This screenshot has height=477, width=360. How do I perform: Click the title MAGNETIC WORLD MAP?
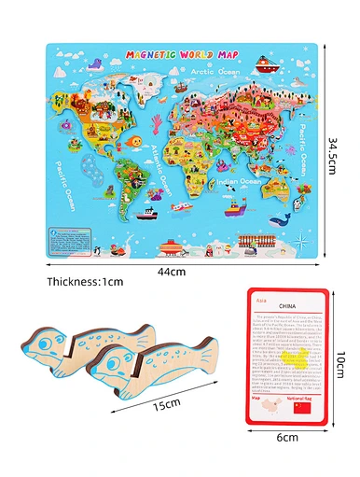coord(177,55)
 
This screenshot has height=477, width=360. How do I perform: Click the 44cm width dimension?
coord(176,272)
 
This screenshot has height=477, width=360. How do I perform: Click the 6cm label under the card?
coord(286,436)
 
